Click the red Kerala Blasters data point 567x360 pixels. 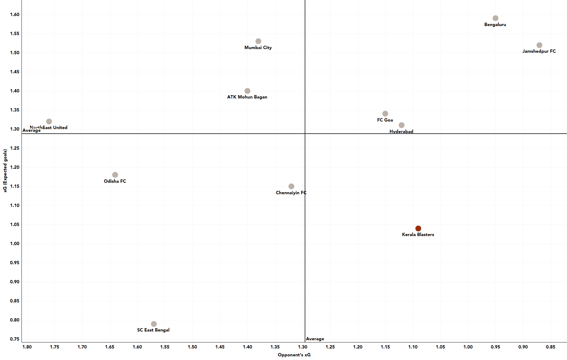[418, 228]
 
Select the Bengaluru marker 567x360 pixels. [495, 18]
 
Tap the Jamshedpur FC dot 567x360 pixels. [539, 45]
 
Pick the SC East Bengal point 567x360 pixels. [154, 324]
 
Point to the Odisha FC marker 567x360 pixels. [115, 175]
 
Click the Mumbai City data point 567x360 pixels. [258, 41]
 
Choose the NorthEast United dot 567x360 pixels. [49, 122]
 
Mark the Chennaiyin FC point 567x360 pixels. [291, 186]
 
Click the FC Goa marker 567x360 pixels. [385, 114]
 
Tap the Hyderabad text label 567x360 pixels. [401, 132]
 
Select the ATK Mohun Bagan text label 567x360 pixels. [247, 97]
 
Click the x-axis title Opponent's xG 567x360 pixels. [294, 355]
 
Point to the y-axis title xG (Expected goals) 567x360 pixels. [5, 171]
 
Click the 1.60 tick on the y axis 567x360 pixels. [15, 15]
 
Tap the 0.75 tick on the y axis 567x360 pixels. [15, 339]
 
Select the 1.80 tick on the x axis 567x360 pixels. [27, 347]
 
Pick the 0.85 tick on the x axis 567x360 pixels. [550, 347]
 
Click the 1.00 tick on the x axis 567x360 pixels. [468, 347]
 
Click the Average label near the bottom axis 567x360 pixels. [315, 339]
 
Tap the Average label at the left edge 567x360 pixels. [31, 131]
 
